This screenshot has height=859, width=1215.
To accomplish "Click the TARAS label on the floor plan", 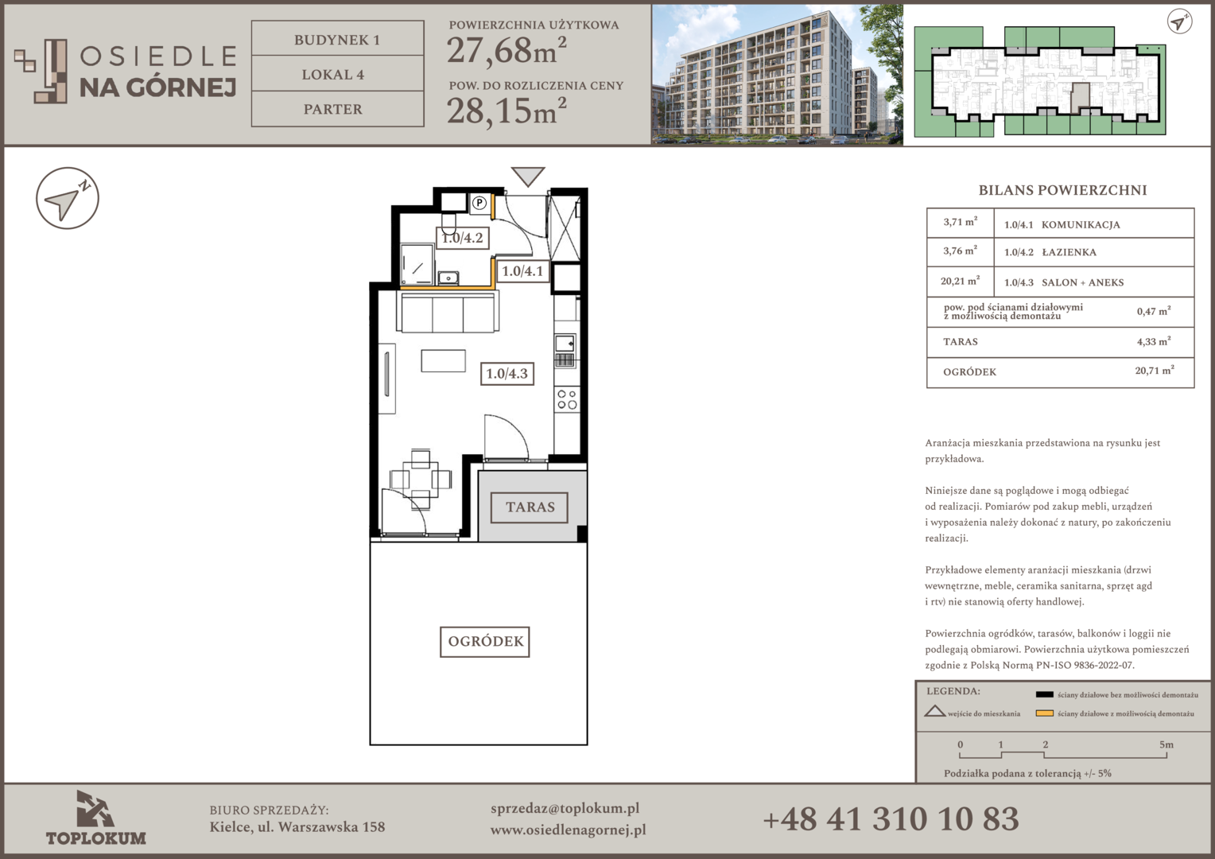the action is coord(530,507).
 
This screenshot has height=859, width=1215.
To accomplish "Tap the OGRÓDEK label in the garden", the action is coord(485,641).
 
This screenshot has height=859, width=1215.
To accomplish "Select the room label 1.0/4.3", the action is coord(507,373).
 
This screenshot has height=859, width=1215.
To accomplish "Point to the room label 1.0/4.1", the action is coord(522,270).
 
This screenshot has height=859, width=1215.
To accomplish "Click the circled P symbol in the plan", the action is coord(479,203).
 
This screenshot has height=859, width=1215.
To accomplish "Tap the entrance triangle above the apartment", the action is coord(528,177).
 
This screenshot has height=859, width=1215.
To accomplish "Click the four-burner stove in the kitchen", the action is coord(568,400).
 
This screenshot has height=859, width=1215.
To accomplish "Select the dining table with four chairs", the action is coord(421,479).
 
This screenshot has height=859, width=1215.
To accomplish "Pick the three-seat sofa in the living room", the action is coord(448,312).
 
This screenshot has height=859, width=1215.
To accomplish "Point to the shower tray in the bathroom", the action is coord(417,264).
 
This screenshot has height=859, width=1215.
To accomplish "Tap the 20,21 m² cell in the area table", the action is coord(960,281).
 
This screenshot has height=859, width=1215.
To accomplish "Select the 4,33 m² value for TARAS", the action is coord(1155,341).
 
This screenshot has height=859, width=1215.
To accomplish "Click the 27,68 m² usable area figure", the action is coord(507,50).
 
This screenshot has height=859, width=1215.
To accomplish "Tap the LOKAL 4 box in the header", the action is coord(337,73).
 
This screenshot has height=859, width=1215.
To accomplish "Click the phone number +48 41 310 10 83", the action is coord(891,819).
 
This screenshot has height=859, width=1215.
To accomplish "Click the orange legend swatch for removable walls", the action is coord(1044,713).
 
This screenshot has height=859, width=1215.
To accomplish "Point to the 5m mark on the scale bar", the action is coord(1166,745).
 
